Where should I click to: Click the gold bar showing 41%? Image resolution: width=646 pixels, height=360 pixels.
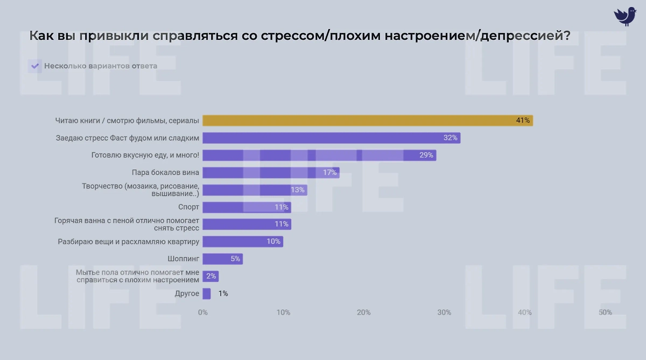point(366,121)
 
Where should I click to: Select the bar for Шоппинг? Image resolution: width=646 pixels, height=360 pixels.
point(222,259)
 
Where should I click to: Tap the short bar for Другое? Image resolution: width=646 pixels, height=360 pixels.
point(206,294)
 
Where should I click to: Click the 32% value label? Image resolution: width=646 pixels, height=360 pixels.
point(450,138)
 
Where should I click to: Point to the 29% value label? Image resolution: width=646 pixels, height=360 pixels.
point(426,155)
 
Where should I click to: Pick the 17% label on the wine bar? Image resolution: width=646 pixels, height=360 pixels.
point(329,172)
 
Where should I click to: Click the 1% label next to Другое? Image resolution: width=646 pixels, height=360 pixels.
point(223,294)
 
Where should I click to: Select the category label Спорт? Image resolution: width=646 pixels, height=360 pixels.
point(188,207)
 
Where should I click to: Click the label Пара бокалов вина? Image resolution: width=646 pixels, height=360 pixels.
point(165,172)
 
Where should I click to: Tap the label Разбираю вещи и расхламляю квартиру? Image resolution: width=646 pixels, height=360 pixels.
point(129,242)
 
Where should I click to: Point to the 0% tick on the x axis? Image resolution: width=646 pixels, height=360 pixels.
point(203,313)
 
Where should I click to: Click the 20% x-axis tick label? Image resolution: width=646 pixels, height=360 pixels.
point(364,313)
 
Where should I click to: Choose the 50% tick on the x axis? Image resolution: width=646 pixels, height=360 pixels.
point(605,313)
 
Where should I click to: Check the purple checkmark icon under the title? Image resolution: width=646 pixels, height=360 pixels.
point(35,66)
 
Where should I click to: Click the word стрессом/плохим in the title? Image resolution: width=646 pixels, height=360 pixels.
point(317,37)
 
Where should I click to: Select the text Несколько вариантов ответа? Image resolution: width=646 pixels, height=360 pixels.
point(101,66)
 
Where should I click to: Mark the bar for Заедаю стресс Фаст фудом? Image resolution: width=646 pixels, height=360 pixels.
point(331,138)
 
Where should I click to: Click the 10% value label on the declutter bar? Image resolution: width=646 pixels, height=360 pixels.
point(273,242)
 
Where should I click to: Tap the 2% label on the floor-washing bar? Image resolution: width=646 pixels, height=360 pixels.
point(211,276)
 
